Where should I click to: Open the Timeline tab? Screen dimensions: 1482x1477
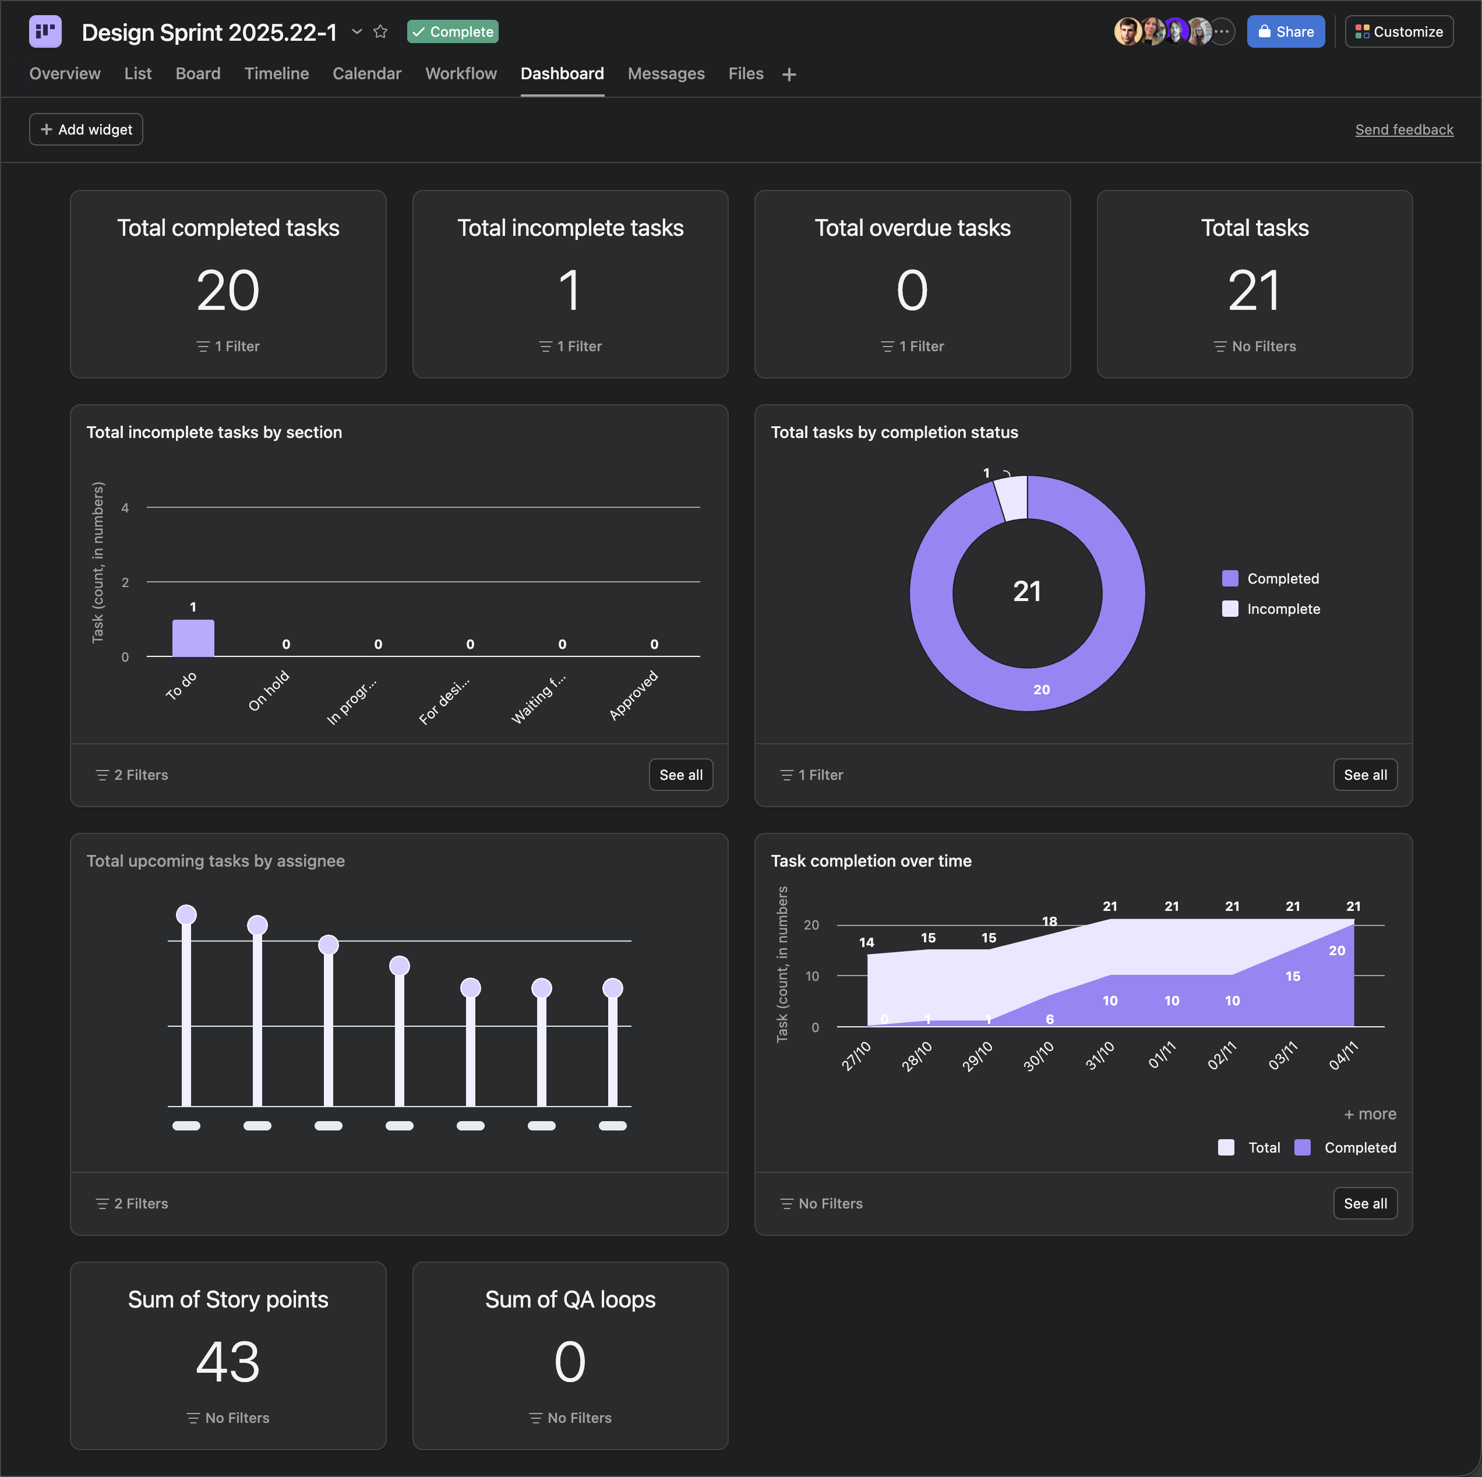coord(276,73)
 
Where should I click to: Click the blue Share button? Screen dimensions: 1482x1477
coord(1286,31)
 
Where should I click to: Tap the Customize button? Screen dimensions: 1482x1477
coord(1399,31)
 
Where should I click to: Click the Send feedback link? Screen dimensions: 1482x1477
coord(1404,130)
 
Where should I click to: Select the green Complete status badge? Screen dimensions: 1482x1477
coord(453,31)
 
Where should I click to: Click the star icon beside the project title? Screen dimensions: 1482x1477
coord(380,31)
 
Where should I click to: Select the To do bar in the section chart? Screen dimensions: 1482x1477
coord(193,638)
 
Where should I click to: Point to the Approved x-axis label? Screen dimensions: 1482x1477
coord(634,695)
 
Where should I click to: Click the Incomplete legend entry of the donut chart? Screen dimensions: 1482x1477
coord(1271,609)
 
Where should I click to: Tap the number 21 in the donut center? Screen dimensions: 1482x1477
coord(1027,591)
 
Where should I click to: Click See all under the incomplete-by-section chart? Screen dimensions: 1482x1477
coord(681,775)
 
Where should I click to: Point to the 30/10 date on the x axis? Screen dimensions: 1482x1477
coord(1039,1055)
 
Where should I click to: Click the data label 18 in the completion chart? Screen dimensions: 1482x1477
coord(1049,921)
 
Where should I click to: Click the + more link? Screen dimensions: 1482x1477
coord(1370,1114)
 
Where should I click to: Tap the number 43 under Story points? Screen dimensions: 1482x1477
coord(228,1362)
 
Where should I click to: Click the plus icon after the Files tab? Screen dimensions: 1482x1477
coord(789,75)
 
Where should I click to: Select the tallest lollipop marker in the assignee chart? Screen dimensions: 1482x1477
coord(186,914)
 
